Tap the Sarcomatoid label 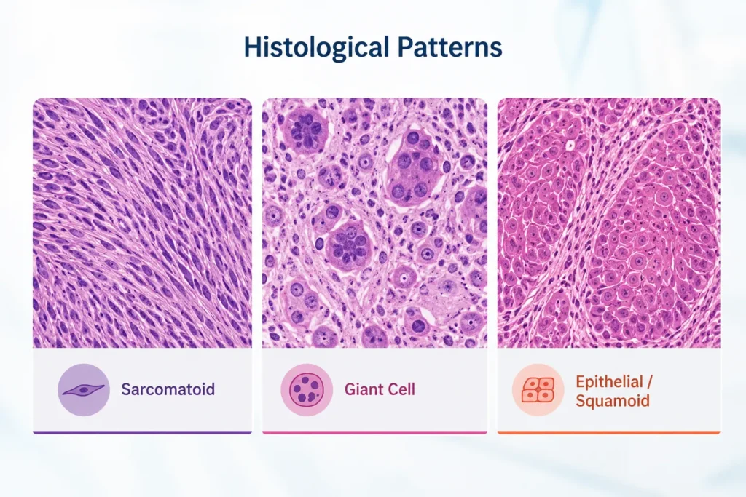tap(168, 389)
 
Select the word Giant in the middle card tap(364, 389)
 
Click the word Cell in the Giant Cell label tap(401, 389)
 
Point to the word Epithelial tap(610, 381)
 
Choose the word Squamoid tap(612, 400)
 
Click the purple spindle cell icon tap(84, 389)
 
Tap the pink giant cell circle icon tap(307, 389)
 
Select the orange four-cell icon tap(538, 389)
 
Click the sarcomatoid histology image tap(142, 223)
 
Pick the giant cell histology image tap(375, 223)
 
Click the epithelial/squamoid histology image tap(608, 223)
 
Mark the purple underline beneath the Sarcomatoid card tap(142, 432)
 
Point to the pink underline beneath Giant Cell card tap(375, 432)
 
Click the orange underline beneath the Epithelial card tap(608, 432)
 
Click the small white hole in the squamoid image tap(570, 146)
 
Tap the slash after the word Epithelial tap(650, 381)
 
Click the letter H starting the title tap(252, 47)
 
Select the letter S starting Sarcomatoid tap(126, 389)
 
